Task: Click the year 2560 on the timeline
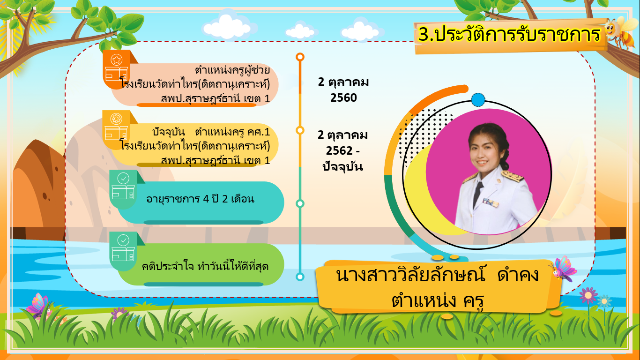[x=343, y=98]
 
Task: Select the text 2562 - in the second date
[x=342, y=150]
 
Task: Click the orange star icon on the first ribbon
[x=117, y=60]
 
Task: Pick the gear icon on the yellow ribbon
[x=116, y=119]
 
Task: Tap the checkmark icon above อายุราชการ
[x=123, y=179]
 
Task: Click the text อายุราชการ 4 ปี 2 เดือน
[x=200, y=199]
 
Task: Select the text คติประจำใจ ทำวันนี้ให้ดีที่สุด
[x=205, y=266]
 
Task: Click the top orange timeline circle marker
[x=300, y=57]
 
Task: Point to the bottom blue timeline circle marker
[x=300, y=277]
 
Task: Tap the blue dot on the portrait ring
[x=478, y=100]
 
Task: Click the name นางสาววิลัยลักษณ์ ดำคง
[x=437, y=275]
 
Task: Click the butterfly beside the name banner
[x=563, y=269]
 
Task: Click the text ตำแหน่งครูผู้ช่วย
[x=232, y=70]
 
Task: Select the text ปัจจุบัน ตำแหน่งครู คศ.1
[x=211, y=132]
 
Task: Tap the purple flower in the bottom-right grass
[x=588, y=296]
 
